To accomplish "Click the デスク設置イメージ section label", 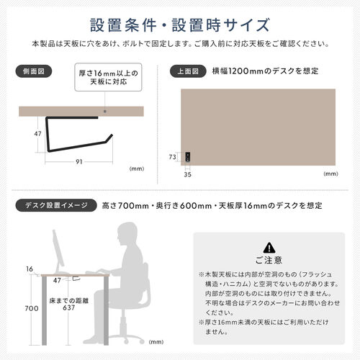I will tap(55, 206).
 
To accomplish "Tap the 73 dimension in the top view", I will tap(173, 156).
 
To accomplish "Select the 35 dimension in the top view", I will tap(188, 173).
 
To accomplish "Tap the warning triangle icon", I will tap(269, 246).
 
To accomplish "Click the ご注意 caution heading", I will tap(269, 260).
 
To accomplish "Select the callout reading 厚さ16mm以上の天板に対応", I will tap(103, 77).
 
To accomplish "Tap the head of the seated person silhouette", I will tap(127, 236).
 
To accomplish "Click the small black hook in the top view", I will tap(188, 156).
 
